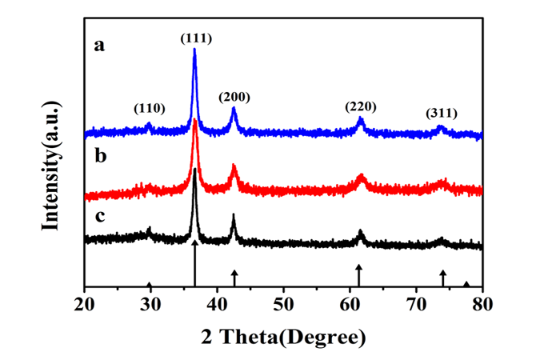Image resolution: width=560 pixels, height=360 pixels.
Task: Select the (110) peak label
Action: (150, 107)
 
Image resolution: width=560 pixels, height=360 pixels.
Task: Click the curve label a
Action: (100, 46)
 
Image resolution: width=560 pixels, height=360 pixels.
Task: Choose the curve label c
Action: (100, 215)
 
